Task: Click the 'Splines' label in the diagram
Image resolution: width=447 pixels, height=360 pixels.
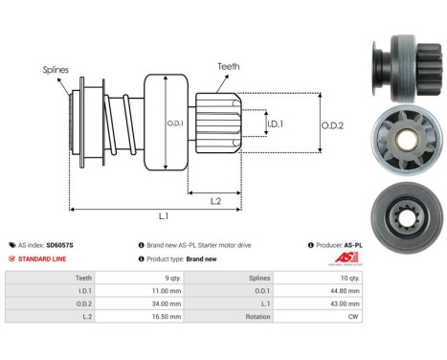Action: tap(55, 70)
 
